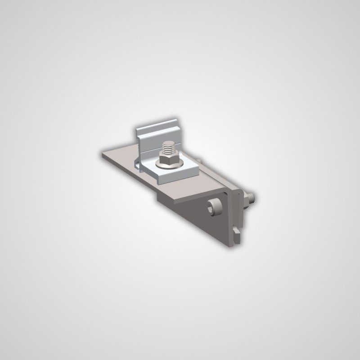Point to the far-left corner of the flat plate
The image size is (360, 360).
104,154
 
